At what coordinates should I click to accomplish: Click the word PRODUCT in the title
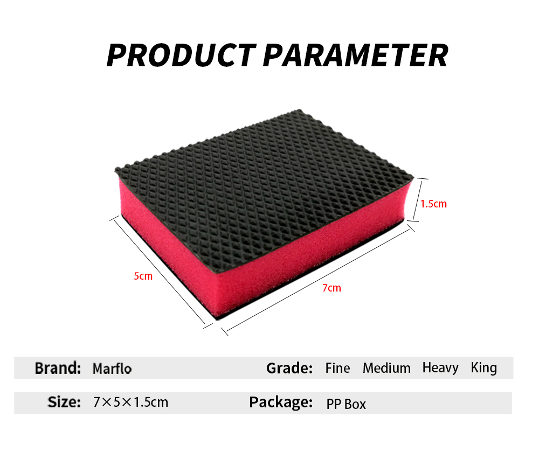pyautogui.click(x=182, y=55)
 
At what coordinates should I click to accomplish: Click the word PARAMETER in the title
pyautogui.click(x=355, y=55)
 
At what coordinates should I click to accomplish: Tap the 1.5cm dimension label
pyautogui.click(x=433, y=204)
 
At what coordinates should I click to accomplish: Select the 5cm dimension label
pyautogui.click(x=143, y=276)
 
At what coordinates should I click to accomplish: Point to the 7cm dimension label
pyautogui.click(x=331, y=288)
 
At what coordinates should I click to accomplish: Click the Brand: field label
pyautogui.click(x=58, y=368)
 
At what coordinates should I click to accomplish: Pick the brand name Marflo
pyautogui.click(x=112, y=369)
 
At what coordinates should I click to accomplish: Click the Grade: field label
pyautogui.click(x=289, y=368)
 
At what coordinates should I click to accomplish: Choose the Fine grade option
pyautogui.click(x=337, y=368)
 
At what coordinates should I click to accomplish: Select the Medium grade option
pyautogui.click(x=386, y=368)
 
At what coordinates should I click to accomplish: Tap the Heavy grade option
pyautogui.click(x=440, y=369)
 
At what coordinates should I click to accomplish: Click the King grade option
pyautogui.click(x=484, y=368)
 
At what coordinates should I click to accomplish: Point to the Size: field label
pyautogui.click(x=64, y=402)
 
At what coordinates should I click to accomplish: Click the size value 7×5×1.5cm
pyautogui.click(x=130, y=402)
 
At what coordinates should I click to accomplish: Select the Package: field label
pyautogui.click(x=281, y=402)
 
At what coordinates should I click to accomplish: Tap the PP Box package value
pyautogui.click(x=346, y=404)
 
